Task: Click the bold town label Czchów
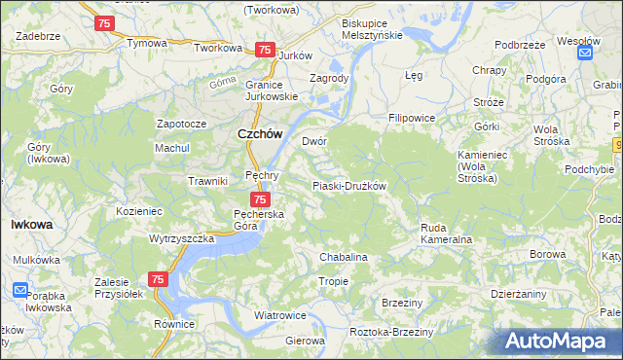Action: point(260,136)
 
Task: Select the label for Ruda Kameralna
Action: point(446,233)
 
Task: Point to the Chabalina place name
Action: point(344,257)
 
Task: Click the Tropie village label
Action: point(334,281)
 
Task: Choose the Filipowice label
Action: point(412,118)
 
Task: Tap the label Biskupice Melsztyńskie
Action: point(372,28)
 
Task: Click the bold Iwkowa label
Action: point(31,224)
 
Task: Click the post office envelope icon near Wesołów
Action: point(585,54)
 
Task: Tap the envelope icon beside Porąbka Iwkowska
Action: point(21,290)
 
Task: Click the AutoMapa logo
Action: point(559,341)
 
